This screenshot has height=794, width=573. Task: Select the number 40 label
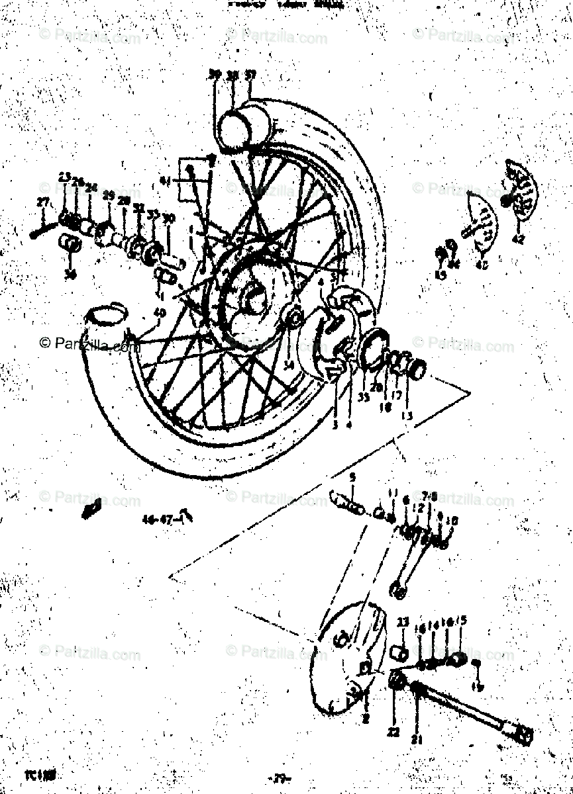point(159,312)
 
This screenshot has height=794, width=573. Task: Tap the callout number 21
point(416,739)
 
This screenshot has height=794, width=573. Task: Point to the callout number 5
point(353,476)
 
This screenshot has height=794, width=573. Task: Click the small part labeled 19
point(475,662)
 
